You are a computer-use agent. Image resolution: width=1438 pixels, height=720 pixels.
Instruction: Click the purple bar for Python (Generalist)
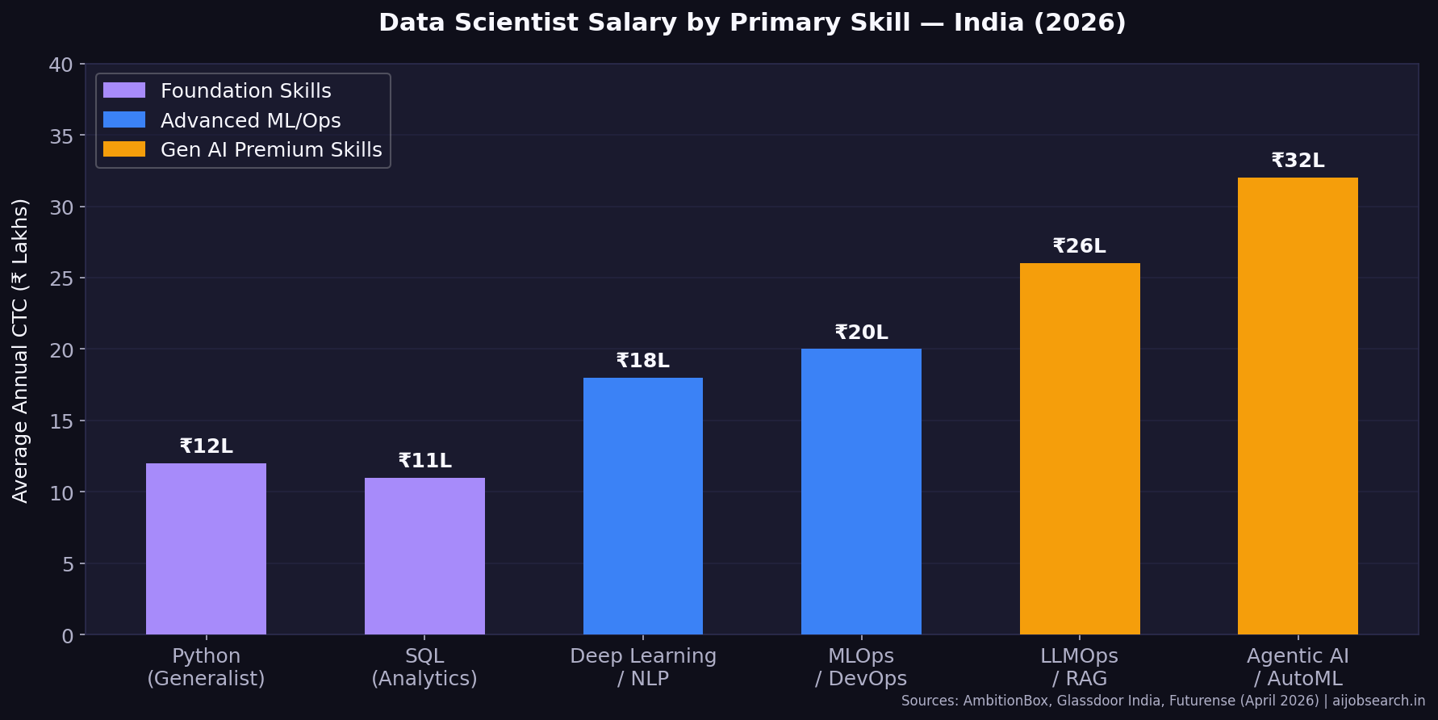[206, 549]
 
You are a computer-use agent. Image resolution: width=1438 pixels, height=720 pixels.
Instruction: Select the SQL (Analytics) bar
[424, 556]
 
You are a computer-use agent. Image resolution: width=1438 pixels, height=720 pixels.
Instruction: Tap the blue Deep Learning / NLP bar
[642, 506]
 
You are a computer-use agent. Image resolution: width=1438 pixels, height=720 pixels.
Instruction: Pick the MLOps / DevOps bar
[861, 492]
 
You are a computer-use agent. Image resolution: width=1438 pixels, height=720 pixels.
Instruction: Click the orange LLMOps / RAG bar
[1080, 449]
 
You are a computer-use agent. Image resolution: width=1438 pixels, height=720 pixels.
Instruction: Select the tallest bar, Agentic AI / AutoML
[1298, 406]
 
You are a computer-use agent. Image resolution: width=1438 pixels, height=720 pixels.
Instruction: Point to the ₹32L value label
[1298, 161]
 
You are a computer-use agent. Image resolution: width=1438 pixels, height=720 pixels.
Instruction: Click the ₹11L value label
[424, 461]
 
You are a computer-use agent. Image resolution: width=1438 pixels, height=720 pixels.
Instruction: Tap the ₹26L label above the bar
[1080, 246]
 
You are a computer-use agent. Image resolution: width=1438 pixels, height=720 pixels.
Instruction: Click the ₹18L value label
[642, 361]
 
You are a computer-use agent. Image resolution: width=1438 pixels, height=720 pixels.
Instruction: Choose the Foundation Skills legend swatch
[124, 90]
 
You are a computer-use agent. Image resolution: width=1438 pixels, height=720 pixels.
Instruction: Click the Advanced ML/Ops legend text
[250, 120]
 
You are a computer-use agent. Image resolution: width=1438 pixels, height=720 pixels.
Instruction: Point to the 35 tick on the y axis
[61, 136]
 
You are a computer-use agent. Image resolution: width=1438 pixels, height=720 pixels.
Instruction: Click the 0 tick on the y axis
[68, 636]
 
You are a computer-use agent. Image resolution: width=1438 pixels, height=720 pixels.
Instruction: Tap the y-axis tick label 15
[61, 421]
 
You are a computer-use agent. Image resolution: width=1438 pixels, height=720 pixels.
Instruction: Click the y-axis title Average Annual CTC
[20, 350]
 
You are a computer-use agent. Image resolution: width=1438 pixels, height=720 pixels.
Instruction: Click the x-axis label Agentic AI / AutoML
[1298, 667]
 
